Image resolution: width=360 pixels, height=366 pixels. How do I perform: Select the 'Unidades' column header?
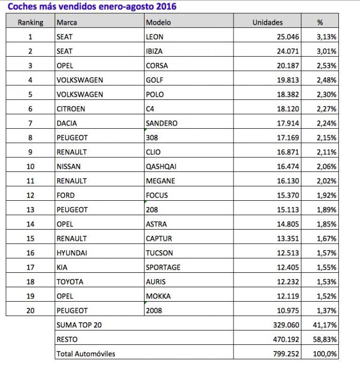[x=267, y=22]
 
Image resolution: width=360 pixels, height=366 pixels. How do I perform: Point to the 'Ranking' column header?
[x=30, y=22]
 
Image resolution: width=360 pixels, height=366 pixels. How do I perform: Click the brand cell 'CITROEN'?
[x=71, y=109]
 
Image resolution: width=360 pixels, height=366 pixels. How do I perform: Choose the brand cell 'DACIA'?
[x=67, y=123]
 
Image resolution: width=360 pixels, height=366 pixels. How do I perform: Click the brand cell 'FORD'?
[x=65, y=195]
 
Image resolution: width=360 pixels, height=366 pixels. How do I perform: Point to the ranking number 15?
[x=30, y=238]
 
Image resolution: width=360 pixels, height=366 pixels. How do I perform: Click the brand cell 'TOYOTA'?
[x=69, y=282]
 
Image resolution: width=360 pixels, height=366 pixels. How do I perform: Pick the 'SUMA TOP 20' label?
[x=79, y=325]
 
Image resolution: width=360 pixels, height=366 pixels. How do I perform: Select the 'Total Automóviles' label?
[x=86, y=354]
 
